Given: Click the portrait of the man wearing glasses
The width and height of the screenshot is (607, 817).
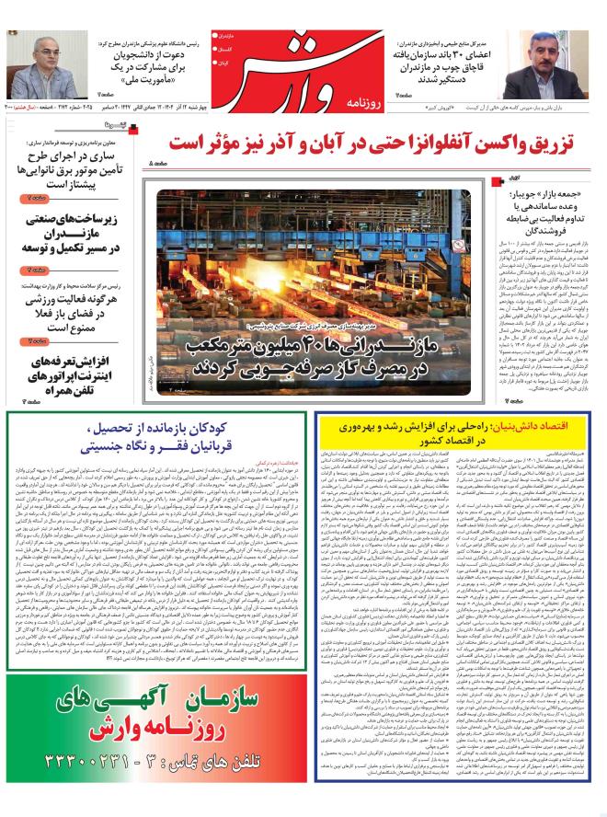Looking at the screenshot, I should (x=40, y=64).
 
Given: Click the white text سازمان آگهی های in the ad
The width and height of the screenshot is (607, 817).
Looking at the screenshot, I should (x=156, y=703).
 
